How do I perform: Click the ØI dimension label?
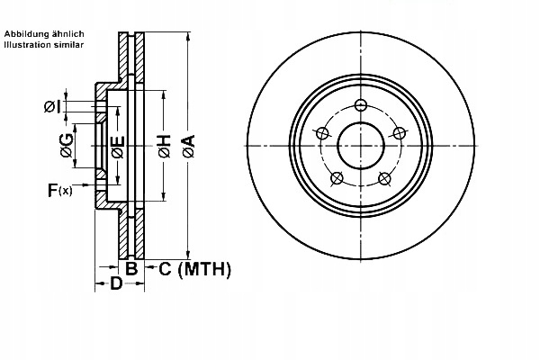tap(52, 107)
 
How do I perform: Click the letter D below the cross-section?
tap(115, 285)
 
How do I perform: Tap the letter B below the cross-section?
tap(130, 269)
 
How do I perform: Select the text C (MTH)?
tap(195, 269)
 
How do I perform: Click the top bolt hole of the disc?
tap(360, 104)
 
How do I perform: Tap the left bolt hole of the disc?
tap(319, 134)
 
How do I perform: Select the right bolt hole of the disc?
tap(400, 134)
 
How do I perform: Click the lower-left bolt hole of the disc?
tap(336, 177)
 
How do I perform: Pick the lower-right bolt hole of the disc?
tap(384, 177)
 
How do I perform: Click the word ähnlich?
tap(67, 33)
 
